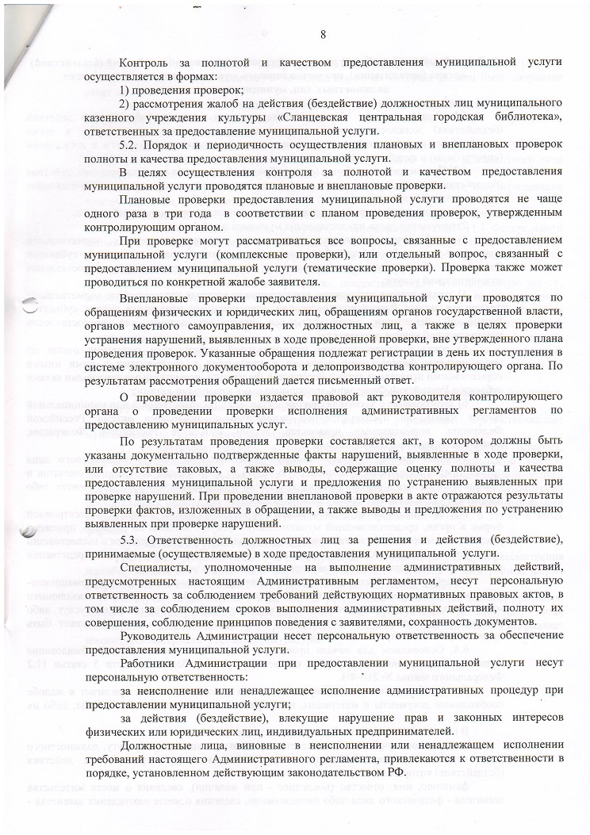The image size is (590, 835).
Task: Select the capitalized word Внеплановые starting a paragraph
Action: pos(155,298)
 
